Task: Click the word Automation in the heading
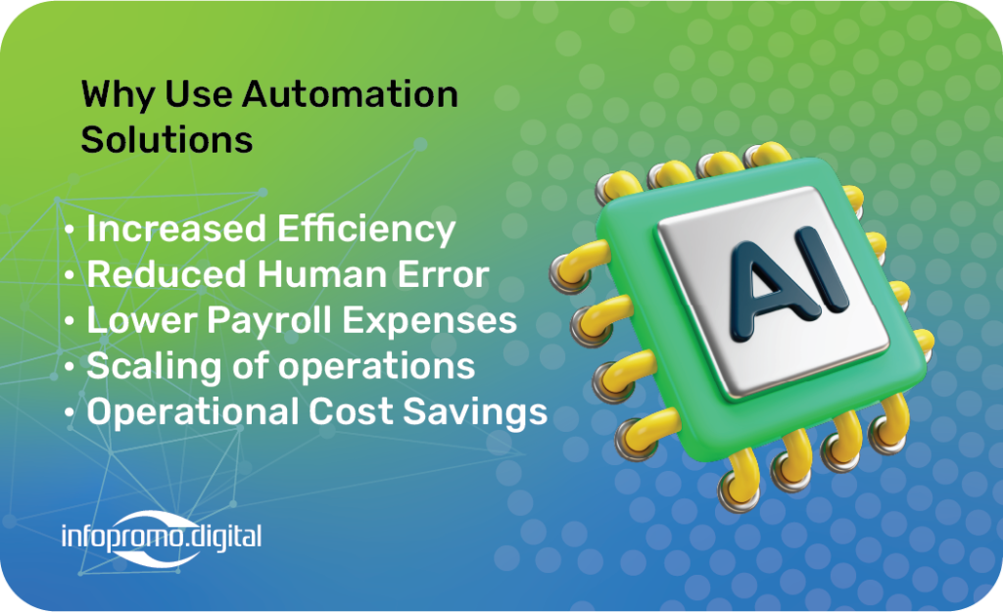pyautogui.click(x=350, y=94)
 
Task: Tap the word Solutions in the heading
pyautogui.click(x=167, y=139)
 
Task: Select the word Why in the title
pyautogui.click(x=119, y=96)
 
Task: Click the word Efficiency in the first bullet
pyautogui.click(x=366, y=229)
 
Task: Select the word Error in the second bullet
pyautogui.click(x=444, y=274)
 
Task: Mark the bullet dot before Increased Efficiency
pyautogui.click(x=70, y=229)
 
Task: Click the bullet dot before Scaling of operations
pyautogui.click(x=70, y=366)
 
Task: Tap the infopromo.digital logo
pyautogui.click(x=162, y=538)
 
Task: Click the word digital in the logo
pyautogui.click(x=224, y=538)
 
